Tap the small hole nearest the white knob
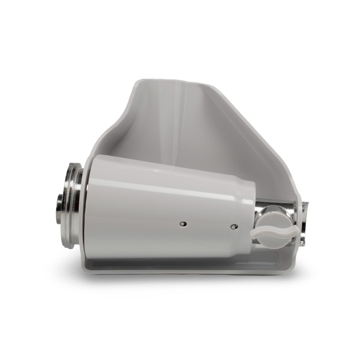coord(233,226)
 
